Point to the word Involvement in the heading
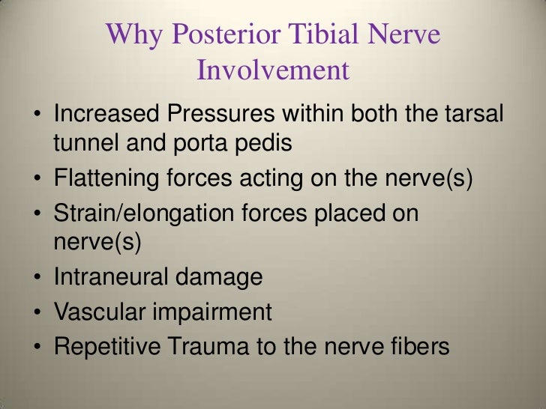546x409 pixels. click(x=273, y=70)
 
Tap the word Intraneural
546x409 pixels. click(x=109, y=277)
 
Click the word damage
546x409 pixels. click(x=219, y=277)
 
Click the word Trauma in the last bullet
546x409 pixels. click(x=215, y=345)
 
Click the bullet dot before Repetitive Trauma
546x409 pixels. click(x=37, y=347)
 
